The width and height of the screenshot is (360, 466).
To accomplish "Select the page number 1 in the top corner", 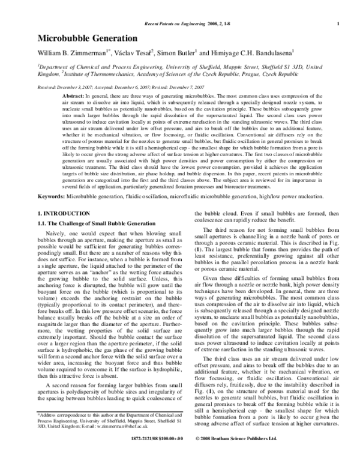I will click(322, 23).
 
